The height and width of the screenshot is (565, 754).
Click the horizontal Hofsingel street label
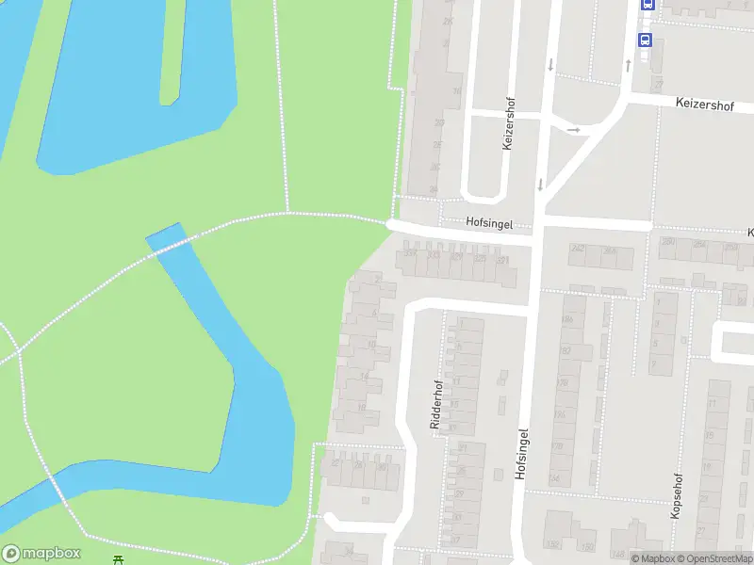488,223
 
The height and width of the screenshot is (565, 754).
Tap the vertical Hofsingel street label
520,454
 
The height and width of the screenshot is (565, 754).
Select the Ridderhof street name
435,405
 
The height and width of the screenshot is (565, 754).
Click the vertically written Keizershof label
508,127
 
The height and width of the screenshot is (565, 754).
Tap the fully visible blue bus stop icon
646,40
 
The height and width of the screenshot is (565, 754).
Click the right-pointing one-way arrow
573,129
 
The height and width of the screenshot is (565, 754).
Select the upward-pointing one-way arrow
629,64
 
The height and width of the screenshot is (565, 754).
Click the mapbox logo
41,554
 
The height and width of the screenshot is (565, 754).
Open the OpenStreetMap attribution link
714,558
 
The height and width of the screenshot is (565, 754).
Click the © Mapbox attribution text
654,558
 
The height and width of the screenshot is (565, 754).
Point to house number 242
578,249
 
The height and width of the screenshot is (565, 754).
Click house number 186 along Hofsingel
566,320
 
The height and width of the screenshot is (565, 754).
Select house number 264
610,251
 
